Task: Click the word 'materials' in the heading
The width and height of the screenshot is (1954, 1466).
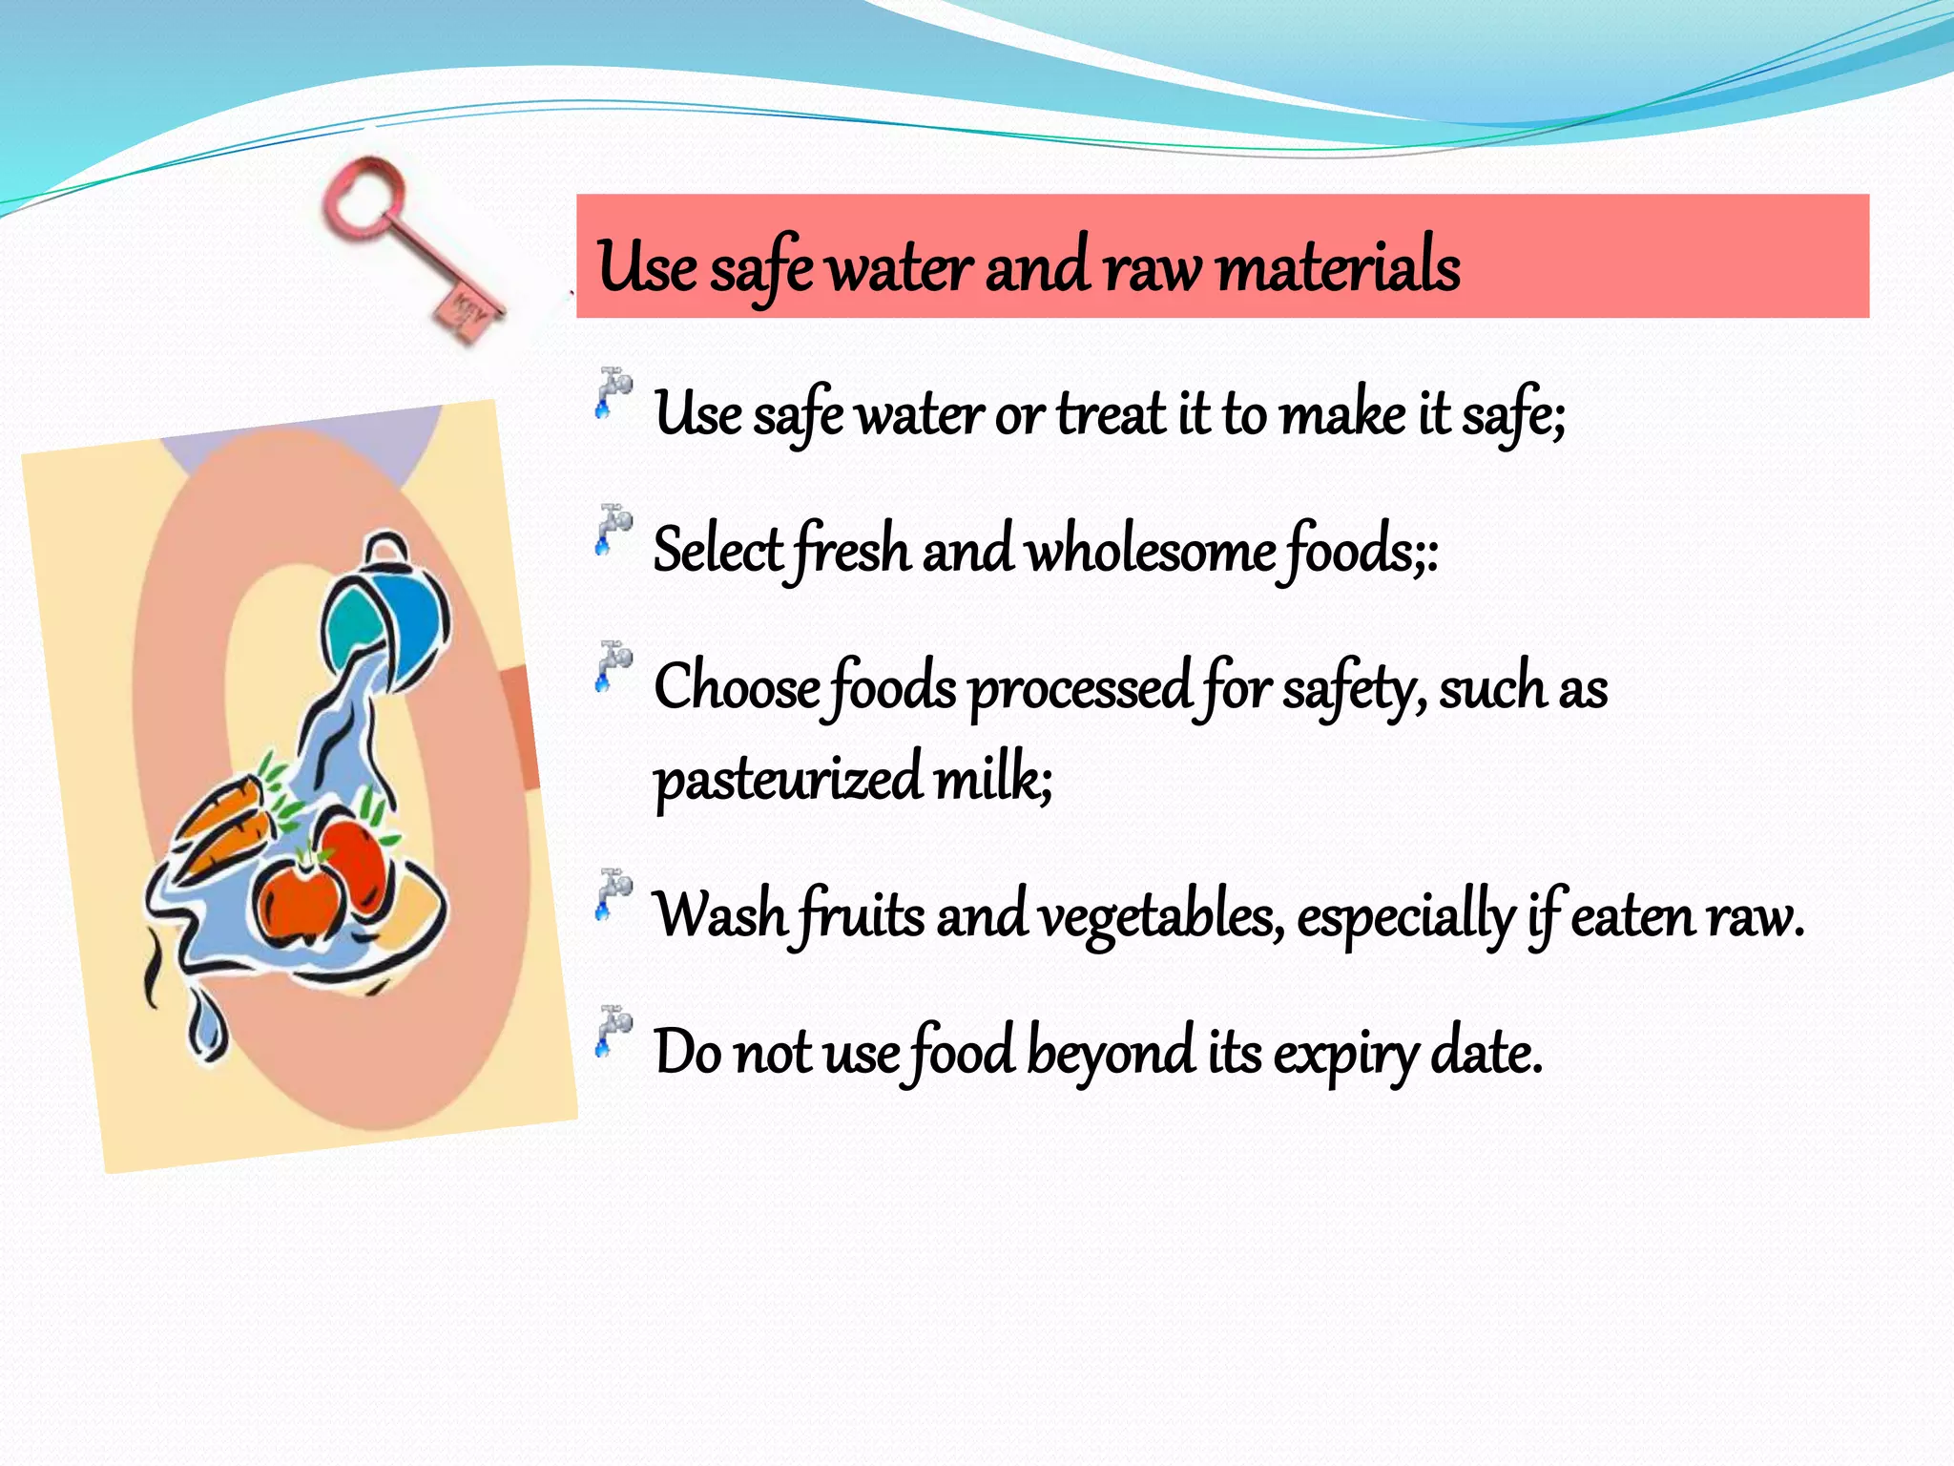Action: pos(1338,267)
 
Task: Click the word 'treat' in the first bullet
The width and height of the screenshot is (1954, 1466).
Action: pos(1111,415)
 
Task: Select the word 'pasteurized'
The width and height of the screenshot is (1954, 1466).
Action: pos(787,779)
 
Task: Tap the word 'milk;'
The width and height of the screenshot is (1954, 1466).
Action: pos(992,777)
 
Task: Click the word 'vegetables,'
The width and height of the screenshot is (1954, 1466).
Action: pos(1160,916)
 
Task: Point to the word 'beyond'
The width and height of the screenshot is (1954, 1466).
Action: pos(1111,1054)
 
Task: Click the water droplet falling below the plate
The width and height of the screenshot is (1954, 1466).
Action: pos(206,1027)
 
